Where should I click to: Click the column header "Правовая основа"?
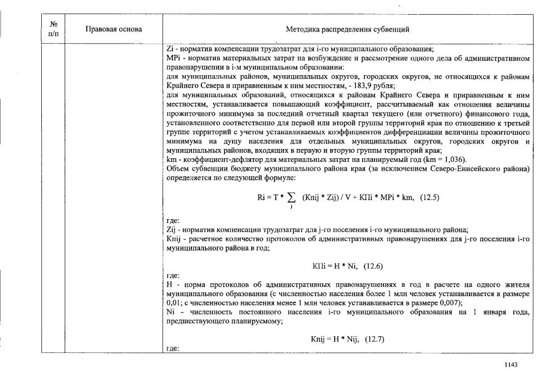tap(114, 29)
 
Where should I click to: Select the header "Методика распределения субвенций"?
tap(348, 29)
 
